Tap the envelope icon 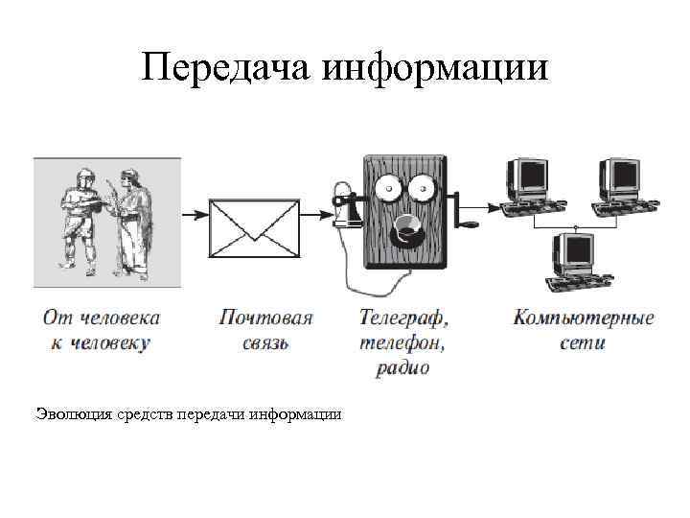(254, 215)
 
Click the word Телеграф (403, 318)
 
